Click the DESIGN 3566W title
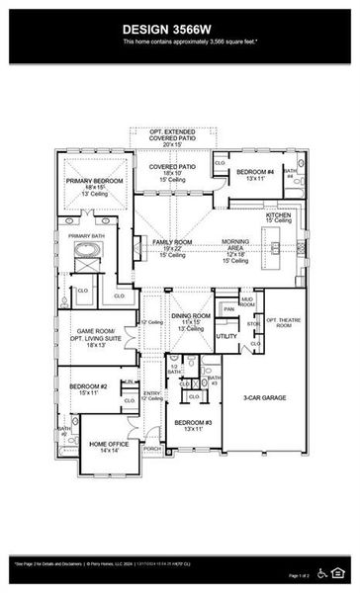tap(179, 30)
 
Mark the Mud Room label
tap(247, 300)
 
